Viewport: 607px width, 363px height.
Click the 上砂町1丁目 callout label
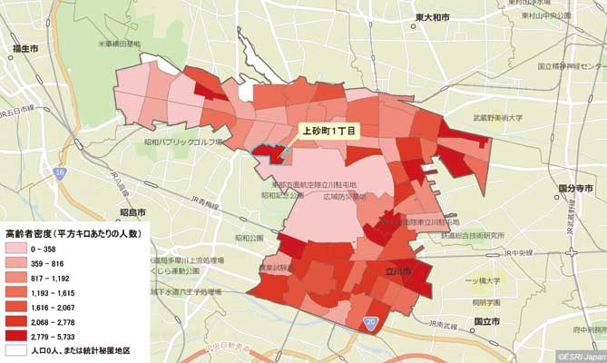[x=330, y=130]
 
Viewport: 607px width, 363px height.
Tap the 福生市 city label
[x=25, y=48]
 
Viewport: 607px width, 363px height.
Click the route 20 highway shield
[x=372, y=322]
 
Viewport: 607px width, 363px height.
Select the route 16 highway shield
[x=60, y=172]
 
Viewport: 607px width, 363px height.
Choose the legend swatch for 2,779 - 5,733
[x=17, y=335]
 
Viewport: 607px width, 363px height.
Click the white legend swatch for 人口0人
[x=17, y=349]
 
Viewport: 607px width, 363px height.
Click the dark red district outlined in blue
[x=265, y=152]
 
